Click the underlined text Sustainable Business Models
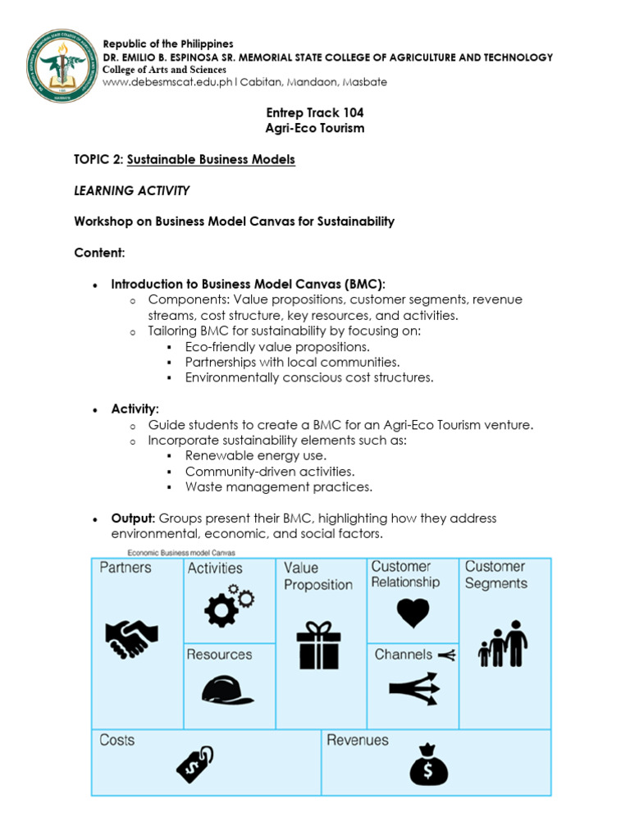211,159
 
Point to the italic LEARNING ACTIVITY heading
131,190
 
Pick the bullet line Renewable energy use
255,455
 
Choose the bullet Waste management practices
278,486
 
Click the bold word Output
133,518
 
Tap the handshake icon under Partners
131,637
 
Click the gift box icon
319,645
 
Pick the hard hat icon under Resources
227,690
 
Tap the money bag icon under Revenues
429,764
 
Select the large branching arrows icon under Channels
414,689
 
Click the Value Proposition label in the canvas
318,576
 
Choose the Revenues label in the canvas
358,740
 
